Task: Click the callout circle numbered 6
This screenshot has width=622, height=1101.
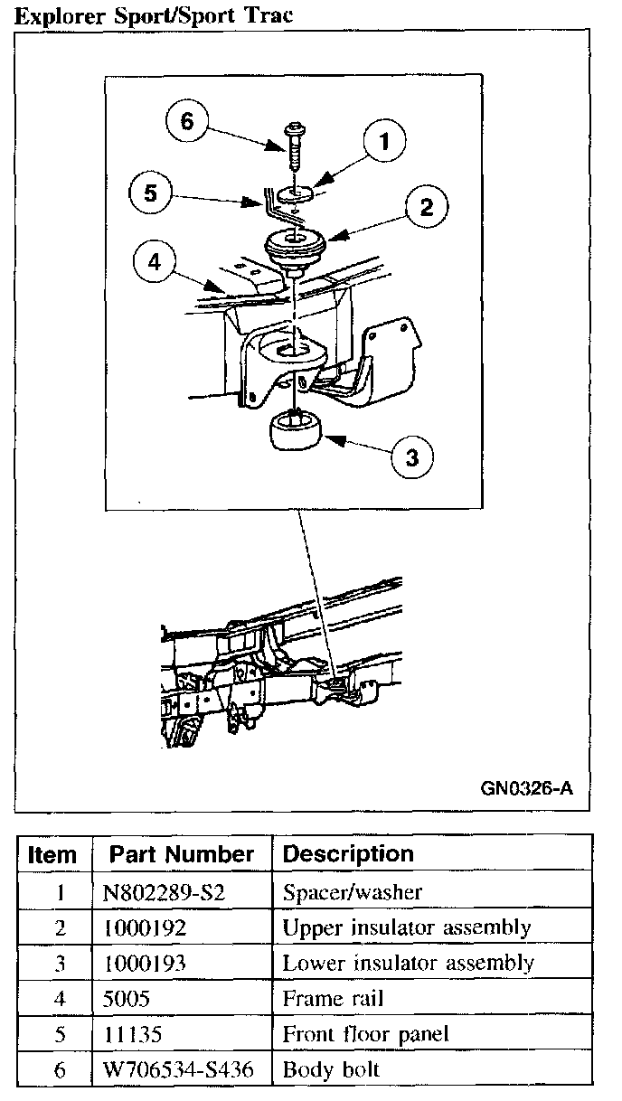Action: coord(188,121)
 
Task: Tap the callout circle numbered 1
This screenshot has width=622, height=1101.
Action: coord(384,142)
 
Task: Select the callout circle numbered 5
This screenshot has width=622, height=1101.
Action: coord(151,193)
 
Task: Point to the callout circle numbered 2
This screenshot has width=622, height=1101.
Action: coord(424,208)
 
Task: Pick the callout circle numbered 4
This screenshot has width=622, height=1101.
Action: coord(155,262)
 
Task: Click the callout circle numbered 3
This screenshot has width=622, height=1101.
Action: coord(411,456)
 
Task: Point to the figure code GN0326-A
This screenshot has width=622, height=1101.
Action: coord(526,786)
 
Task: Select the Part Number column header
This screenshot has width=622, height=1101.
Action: coord(182,854)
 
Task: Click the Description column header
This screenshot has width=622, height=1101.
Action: coord(348,854)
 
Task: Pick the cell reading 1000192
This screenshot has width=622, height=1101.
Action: coord(146,927)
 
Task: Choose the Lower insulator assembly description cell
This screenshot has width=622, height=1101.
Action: coord(408,963)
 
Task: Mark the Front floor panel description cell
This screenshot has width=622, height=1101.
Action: coord(365,1034)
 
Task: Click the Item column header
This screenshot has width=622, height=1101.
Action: coord(53,854)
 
